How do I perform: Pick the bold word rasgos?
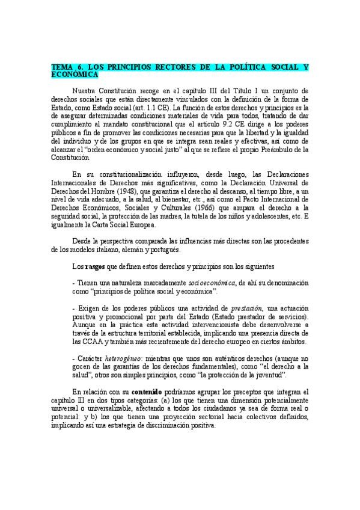(x=93, y=266)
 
